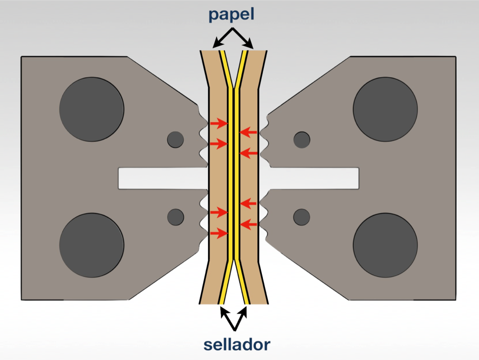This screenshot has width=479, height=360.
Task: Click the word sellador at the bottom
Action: [x=237, y=345]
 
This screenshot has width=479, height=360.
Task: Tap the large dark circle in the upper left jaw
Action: [x=92, y=109]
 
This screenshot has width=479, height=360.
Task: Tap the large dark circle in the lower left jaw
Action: [x=92, y=245]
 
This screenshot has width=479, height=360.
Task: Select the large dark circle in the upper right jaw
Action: [x=385, y=109]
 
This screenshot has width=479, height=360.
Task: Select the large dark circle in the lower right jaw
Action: [x=385, y=245]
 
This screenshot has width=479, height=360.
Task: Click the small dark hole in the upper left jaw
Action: [x=175, y=140]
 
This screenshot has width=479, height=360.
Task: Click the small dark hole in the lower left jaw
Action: [x=175, y=216]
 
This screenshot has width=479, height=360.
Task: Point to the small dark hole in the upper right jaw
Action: [x=302, y=140]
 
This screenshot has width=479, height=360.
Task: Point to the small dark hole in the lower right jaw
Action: [x=302, y=216]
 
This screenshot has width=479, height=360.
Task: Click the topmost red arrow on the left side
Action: [x=218, y=124]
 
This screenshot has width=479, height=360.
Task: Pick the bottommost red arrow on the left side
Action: [x=218, y=233]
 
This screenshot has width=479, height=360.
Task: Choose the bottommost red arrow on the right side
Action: [x=248, y=225]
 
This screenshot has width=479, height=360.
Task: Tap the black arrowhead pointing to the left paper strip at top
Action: [x=216, y=45]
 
